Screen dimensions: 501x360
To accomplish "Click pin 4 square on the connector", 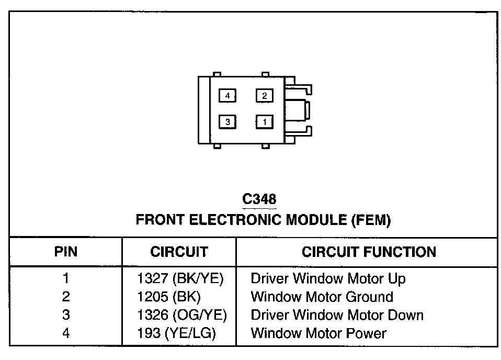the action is click(x=227, y=96).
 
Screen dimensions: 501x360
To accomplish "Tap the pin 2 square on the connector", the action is click(x=265, y=96).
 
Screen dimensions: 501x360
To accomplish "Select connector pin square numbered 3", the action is click(x=227, y=122).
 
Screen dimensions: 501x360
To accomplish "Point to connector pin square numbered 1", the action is click(x=265, y=122).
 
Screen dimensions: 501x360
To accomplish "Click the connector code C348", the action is click(x=259, y=199).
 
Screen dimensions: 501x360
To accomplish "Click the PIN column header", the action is click(x=66, y=252).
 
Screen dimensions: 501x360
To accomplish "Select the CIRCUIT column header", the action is click(x=179, y=252).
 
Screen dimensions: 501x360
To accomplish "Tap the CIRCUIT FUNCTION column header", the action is click(x=369, y=252).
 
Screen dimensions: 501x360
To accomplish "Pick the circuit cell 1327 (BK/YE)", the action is click(x=180, y=279).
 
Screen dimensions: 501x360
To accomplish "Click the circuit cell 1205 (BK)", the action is click(x=169, y=297).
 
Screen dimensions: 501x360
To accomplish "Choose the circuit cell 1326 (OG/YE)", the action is click(x=181, y=315).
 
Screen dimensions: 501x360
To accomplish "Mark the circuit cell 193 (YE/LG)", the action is click(x=177, y=333).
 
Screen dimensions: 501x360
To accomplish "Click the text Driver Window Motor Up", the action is click(x=328, y=279).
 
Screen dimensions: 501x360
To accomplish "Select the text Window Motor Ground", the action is click(x=322, y=297).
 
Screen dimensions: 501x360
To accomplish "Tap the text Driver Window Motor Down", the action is click(x=337, y=315).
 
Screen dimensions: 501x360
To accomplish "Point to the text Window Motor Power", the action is click(x=318, y=333).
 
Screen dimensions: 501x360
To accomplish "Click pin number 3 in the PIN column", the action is click(x=66, y=315).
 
